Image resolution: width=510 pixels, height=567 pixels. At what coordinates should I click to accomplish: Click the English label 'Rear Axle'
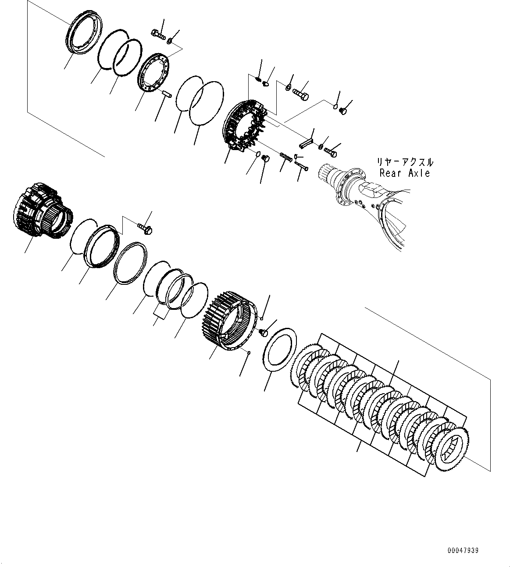(404, 173)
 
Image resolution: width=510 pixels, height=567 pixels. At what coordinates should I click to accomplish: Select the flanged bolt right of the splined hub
(145, 227)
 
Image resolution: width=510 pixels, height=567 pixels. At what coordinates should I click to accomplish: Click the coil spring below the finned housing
(286, 156)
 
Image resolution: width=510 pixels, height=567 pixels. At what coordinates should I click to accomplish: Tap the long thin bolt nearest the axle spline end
(302, 166)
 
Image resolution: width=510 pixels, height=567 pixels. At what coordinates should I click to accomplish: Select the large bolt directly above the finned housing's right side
(301, 93)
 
